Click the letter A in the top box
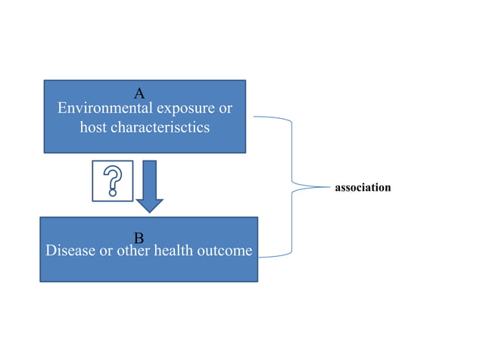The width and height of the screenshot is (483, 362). [x=139, y=94]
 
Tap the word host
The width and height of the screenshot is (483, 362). [x=93, y=127]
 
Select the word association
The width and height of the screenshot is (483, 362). [x=363, y=187]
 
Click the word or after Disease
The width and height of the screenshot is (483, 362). [x=107, y=251]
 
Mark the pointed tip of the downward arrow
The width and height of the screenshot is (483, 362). [x=150, y=211]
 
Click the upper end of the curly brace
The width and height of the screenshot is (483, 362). [x=254, y=117]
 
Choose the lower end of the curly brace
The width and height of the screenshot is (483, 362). [x=259, y=255]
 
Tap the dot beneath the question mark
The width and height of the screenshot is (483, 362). [x=112, y=193]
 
